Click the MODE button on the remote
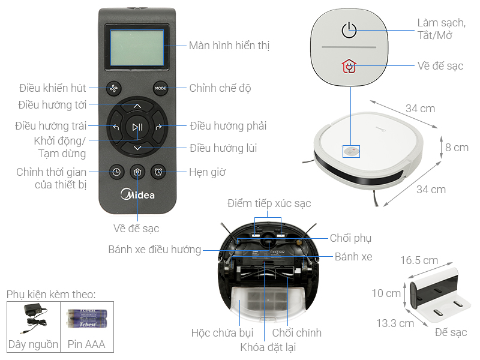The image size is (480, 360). point(160,88)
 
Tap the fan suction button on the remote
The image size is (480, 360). point(113,88)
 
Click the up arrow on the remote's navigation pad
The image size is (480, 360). point(137,106)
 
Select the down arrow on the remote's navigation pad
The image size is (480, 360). point(137,148)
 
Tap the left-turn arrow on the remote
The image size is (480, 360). point(116,127)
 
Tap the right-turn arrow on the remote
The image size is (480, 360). point(159,127)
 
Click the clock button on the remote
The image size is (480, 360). point(116,172)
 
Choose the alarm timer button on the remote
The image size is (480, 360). point(158,172)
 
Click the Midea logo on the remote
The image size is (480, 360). point(137,194)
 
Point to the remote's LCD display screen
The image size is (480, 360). point(137,47)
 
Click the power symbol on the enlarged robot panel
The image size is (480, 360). point(349,30)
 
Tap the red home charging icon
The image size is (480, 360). point(349,66)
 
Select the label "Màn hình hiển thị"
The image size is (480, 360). point(229,46)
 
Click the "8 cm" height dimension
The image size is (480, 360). point(457,147)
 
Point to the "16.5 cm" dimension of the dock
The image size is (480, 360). point(419,260)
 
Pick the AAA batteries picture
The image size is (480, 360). point(87,319)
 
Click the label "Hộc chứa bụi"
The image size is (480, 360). point(222,333)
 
